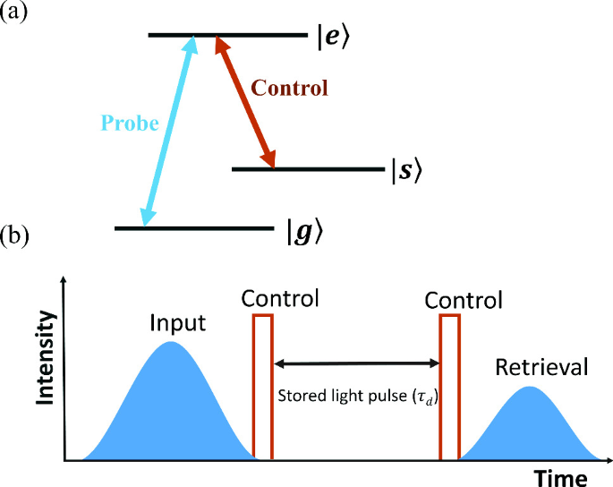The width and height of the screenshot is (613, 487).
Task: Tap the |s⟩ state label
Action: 405,169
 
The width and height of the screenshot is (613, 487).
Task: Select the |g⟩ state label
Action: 303,231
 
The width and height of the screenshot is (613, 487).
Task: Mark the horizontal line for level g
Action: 192,228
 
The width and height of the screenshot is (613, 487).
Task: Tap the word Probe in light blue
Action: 129,123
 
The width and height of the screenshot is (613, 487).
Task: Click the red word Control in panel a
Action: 289,89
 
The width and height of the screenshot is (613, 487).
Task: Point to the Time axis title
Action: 560,475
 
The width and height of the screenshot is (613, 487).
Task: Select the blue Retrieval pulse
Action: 531,425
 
